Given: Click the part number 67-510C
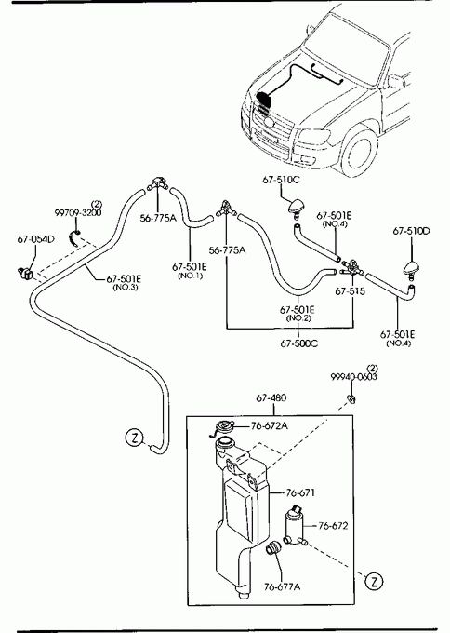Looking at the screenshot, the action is point(281,180).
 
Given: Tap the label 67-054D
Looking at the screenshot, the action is point(35,239).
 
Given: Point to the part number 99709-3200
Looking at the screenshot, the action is point(78,212).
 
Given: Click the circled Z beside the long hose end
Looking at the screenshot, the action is point(134,438).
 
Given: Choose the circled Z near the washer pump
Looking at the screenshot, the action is point(374,582).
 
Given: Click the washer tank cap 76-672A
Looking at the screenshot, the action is point(223,427).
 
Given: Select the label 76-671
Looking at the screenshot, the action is point(301,492).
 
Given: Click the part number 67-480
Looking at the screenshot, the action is point(271,398).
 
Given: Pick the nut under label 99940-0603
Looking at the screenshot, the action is point(351,398).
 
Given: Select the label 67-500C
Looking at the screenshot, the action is point(298,343).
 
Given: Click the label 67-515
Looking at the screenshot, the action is point(350,291).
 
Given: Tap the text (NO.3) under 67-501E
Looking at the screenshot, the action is point(125,288).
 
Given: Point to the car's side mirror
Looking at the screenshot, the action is point(395,81).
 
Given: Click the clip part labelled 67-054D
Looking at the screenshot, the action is point(25,273).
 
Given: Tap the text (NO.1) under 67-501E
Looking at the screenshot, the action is point(190,276).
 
